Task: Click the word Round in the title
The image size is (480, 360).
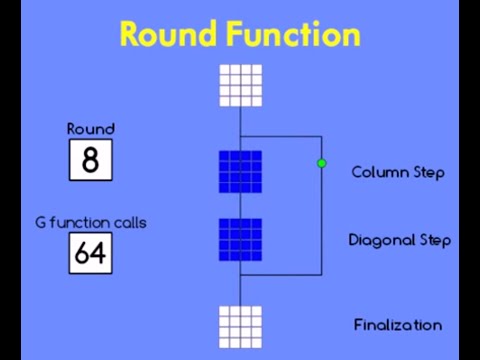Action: [x=167, y=34]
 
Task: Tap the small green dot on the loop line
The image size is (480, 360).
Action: [x=321, y=163]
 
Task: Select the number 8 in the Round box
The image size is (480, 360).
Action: [x=91, y=160]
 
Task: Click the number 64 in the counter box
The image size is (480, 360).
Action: [x=91, y=254]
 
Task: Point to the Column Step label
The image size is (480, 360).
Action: [x=398, y=172]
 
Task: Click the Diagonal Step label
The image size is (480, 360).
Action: [x=399, y=240]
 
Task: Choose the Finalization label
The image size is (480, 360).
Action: [x=398, y=324]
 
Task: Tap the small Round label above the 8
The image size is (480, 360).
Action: [x=91, y=128]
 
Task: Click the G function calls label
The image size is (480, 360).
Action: [x=91, y=222]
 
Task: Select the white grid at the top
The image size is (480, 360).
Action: [x=240, y=85]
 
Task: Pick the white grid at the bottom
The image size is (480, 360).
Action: [x=240, y=327]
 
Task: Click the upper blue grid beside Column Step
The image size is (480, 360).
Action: [x=240, y=171]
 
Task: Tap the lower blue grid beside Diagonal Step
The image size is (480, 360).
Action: [x=240, y=240]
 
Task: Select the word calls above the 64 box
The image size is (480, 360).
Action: [x=127, y=222]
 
